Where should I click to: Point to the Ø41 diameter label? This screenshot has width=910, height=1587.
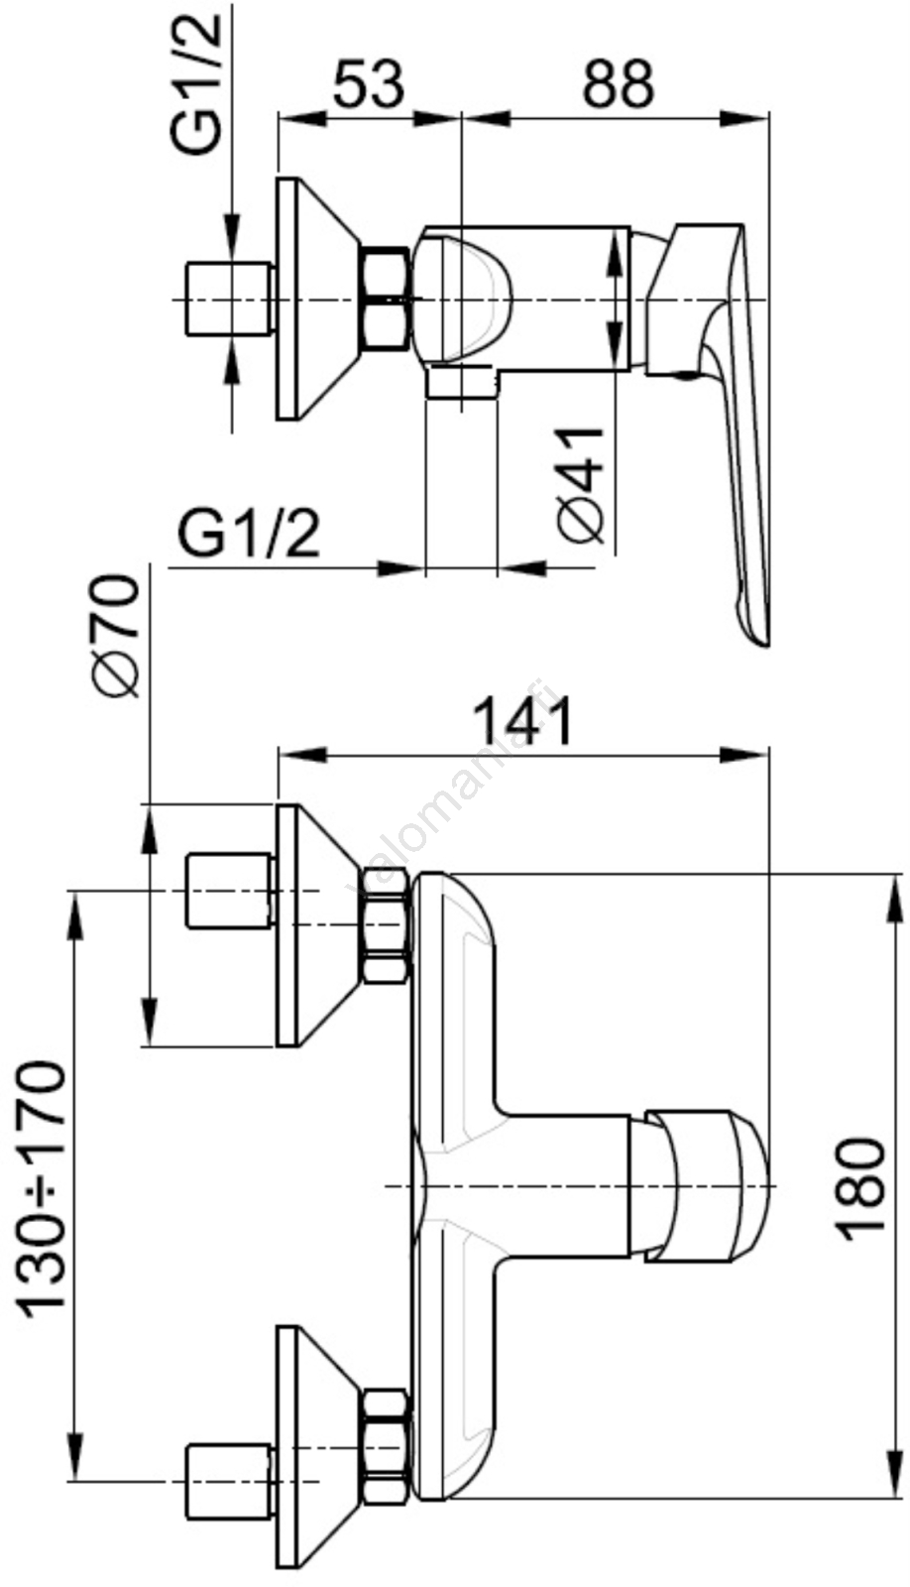pos(581,485)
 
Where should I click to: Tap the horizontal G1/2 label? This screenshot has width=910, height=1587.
pos(250,536)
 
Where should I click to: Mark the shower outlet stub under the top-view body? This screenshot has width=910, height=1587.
pos(461,383)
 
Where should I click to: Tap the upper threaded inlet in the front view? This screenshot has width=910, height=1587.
pos(229,892)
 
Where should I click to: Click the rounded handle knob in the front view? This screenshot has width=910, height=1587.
pos(708,1187)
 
